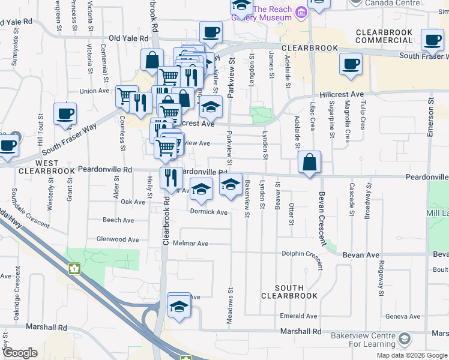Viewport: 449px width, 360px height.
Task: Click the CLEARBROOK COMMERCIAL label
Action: click(384, 36)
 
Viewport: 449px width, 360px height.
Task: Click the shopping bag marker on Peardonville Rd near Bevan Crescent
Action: click(309, 163)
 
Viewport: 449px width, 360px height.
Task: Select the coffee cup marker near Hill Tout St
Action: click(65, 114)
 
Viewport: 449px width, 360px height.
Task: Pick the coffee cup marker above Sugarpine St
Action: click(351, 64)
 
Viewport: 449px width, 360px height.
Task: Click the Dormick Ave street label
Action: click(209, 212)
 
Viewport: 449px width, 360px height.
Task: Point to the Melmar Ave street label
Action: click(190, 244)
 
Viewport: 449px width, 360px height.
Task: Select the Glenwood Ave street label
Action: click(120, 239)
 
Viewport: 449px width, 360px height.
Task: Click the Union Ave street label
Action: click(94, 91)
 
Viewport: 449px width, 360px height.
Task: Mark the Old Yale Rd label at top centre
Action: click(127, 38)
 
